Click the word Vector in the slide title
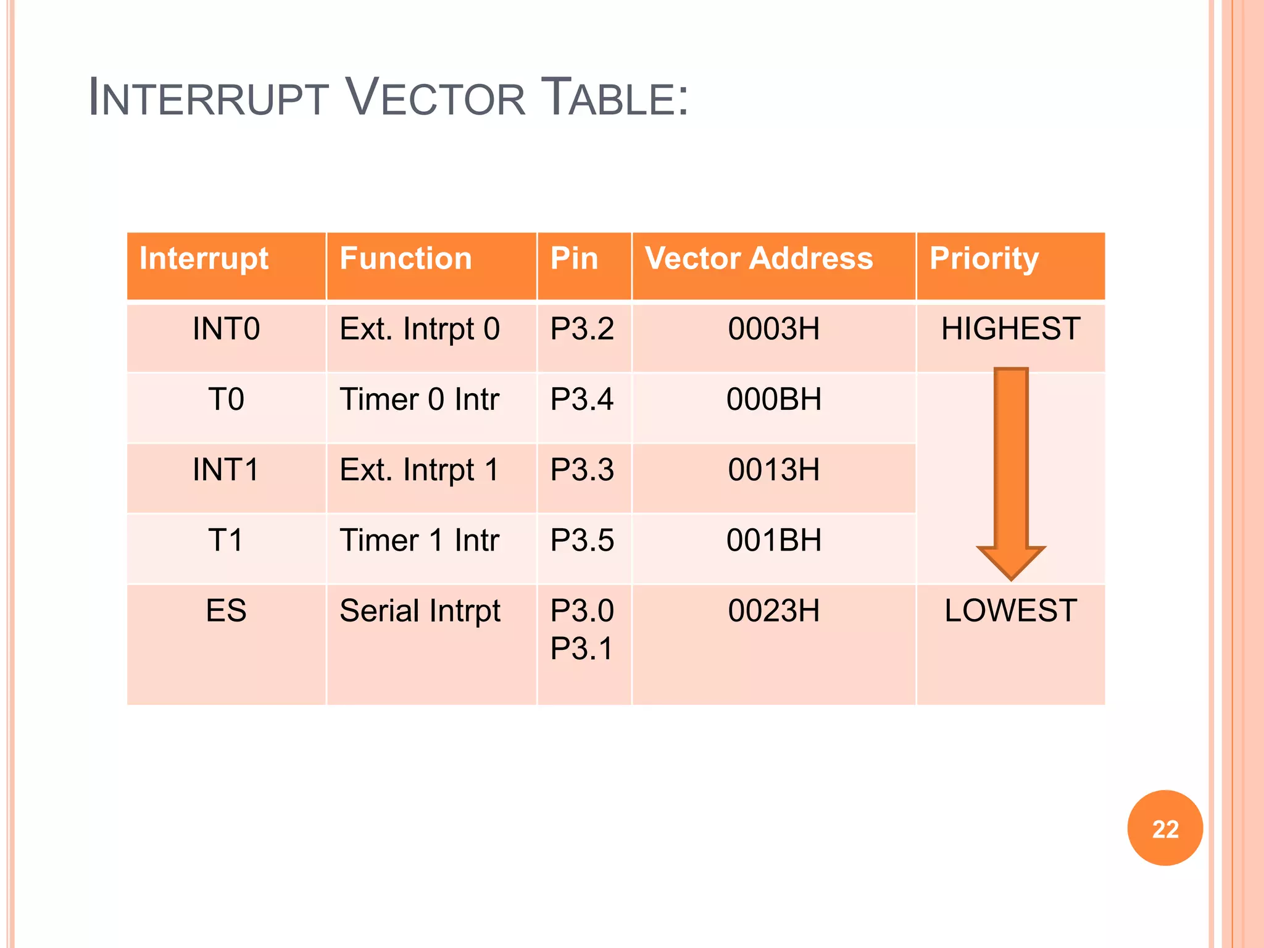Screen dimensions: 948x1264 point(435,98)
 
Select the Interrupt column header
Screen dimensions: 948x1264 point(204,259)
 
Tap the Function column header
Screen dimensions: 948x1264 point(405,259)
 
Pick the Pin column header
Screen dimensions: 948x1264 point(574,259)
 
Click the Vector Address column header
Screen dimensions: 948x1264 point(759,259)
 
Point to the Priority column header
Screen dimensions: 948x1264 point(984,259)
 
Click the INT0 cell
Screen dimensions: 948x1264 point(226,329)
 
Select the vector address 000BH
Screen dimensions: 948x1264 point(773,399)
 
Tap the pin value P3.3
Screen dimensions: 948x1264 point(582,470)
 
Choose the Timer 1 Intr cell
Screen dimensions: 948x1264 point(419,541)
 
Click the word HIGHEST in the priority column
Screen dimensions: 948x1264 point(1010,329)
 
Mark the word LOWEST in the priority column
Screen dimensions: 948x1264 point(1010,611)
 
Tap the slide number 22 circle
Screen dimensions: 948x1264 point(1165,828)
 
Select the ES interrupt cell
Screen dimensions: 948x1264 point(226,611)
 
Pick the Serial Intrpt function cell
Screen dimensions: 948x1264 point(420,611)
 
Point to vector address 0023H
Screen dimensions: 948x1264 point(773,611)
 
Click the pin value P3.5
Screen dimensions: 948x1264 point(582,541)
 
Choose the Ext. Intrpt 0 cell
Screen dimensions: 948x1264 point(420,329)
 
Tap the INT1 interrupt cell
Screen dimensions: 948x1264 point(226,470)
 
